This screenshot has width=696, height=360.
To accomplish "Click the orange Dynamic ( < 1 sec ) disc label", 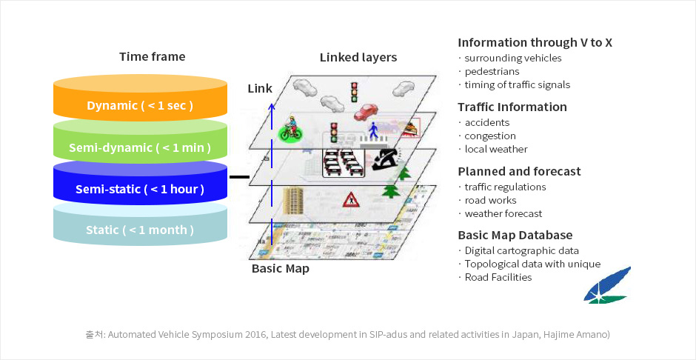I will coord(140,106).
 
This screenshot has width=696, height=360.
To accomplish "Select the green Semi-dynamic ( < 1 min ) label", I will coord(140,147).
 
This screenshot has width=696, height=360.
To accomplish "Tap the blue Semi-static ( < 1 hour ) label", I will coord(140,189).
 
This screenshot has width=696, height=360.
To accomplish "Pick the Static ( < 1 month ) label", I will coord(140,230).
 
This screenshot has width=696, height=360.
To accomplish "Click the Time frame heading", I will coord(153,57).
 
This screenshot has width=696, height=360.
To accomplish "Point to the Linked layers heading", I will coord(358,57).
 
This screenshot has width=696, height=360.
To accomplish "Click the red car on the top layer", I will coord(365,113).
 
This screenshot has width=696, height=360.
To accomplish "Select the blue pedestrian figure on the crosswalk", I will coord(375,130).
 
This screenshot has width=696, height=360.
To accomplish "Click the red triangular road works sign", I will coord(350,199).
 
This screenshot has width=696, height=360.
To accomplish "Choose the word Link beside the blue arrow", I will coord(260,89).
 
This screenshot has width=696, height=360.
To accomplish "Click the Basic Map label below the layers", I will coord(280,268).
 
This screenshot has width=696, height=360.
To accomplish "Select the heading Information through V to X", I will coord(535,42).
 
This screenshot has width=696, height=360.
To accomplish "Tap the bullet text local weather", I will coord(496,149).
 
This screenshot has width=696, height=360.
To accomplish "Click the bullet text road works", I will coord(490,200).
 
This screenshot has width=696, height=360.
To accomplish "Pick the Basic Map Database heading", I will coord(515,236).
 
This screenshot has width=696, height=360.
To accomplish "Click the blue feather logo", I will coord(606,286).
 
